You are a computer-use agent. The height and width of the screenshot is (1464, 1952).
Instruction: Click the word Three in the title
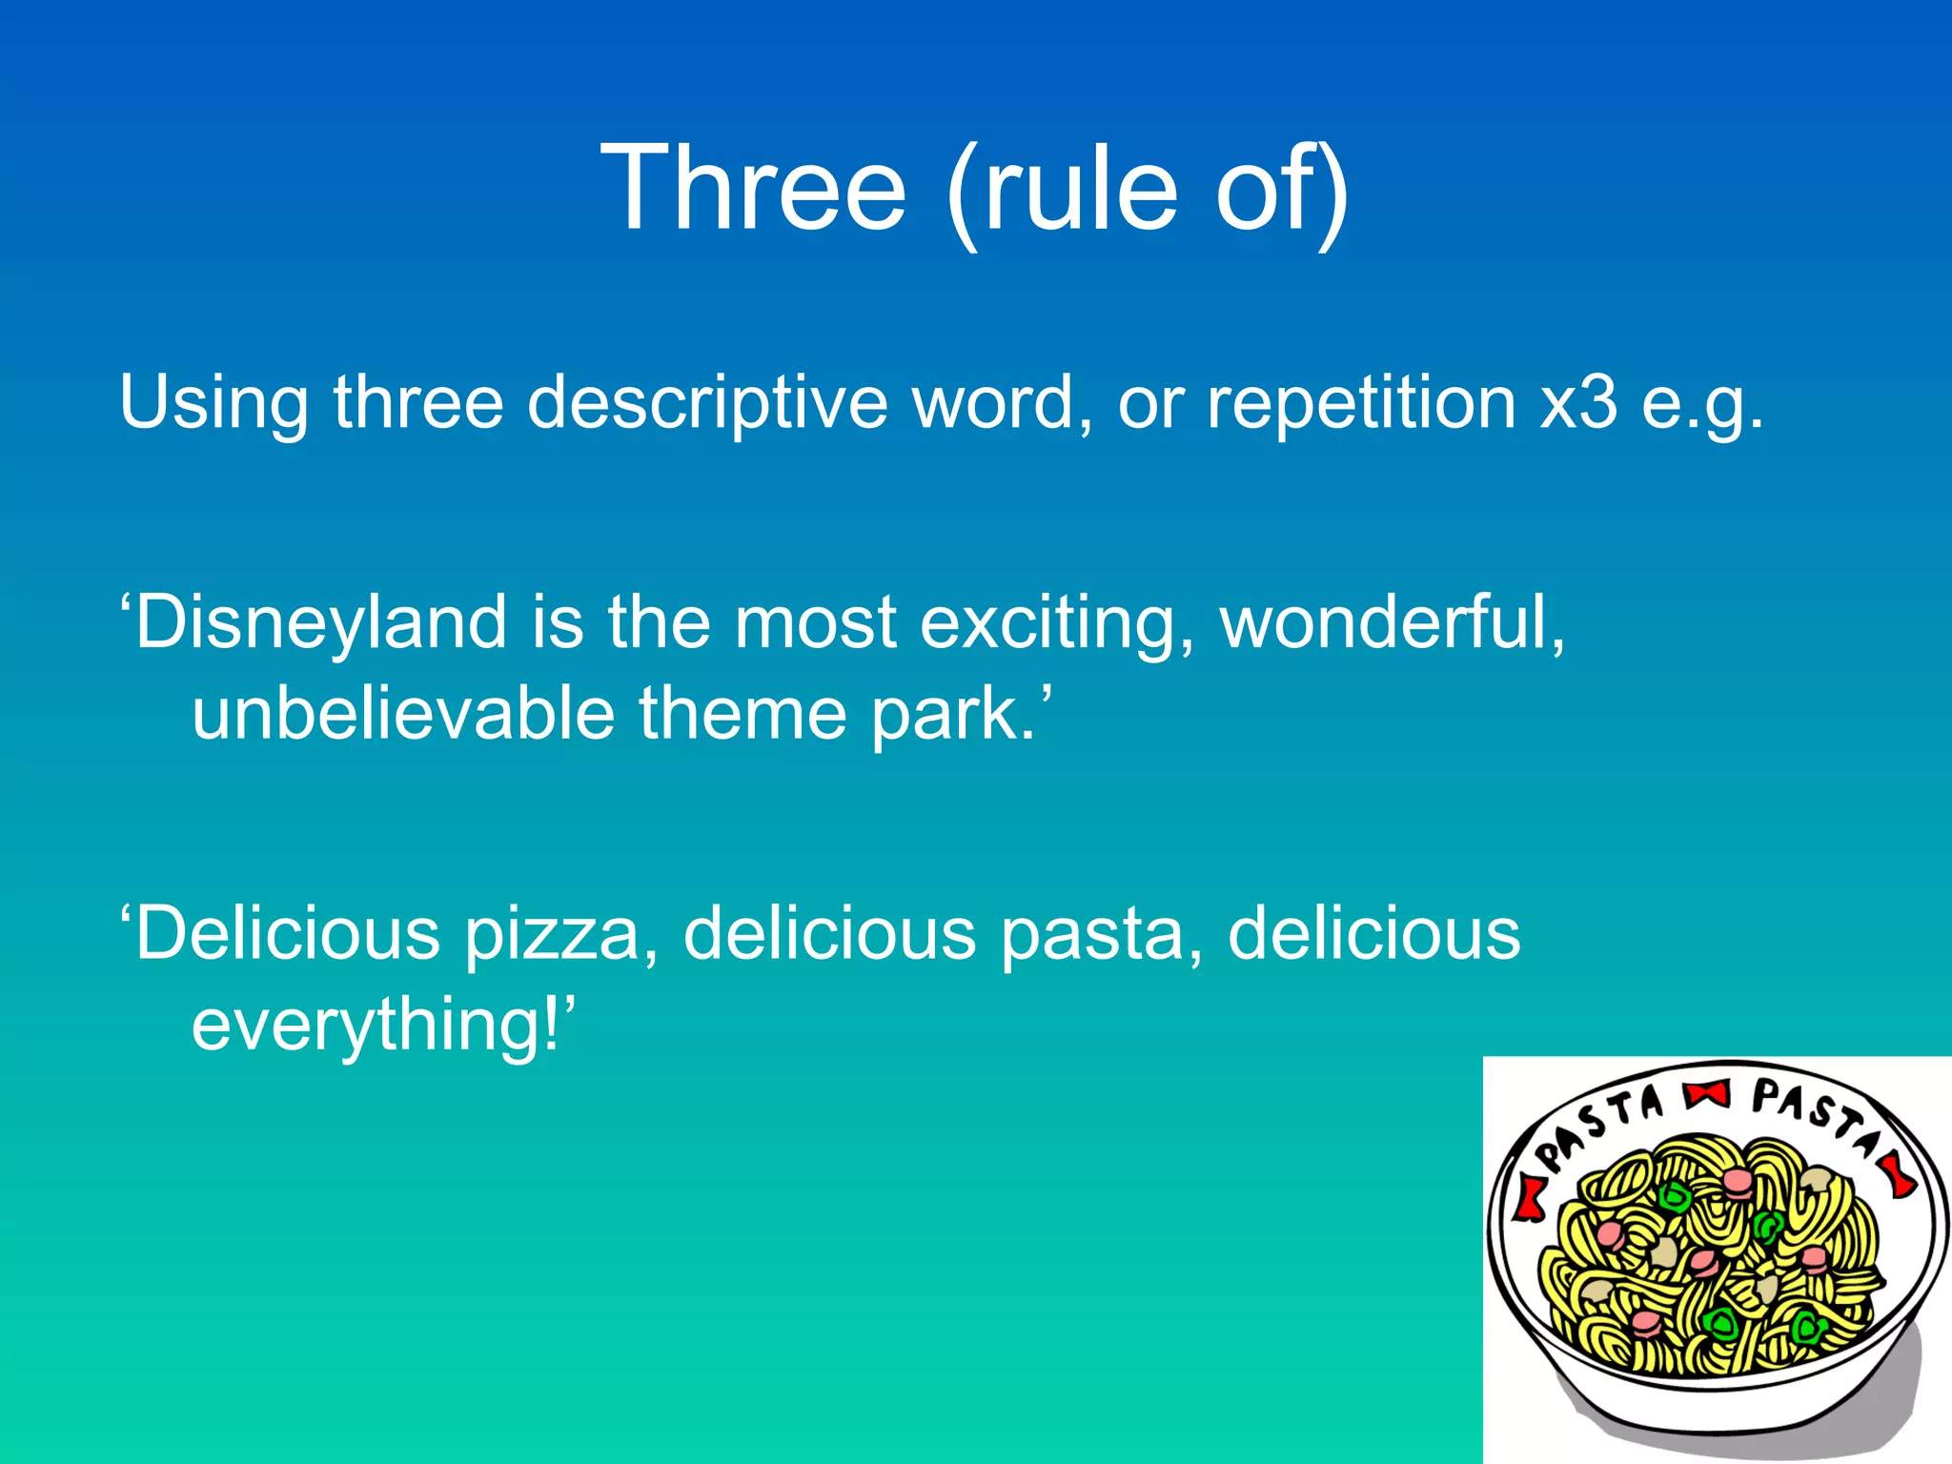(753, 188)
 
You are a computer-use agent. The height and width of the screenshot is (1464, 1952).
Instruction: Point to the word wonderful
(1393, 621)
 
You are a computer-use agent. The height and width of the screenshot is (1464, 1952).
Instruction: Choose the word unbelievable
(403, 713)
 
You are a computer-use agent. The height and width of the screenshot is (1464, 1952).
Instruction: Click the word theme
(742, 713)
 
